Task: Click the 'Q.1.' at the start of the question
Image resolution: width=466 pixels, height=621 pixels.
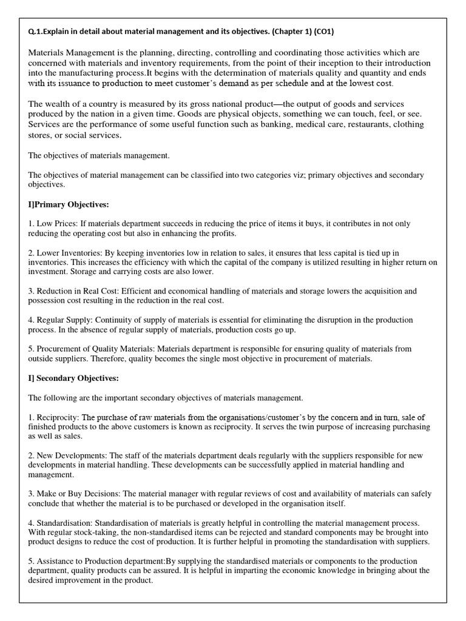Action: click(36, 32)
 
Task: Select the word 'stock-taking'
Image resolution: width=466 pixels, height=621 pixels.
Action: click(74, 532)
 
